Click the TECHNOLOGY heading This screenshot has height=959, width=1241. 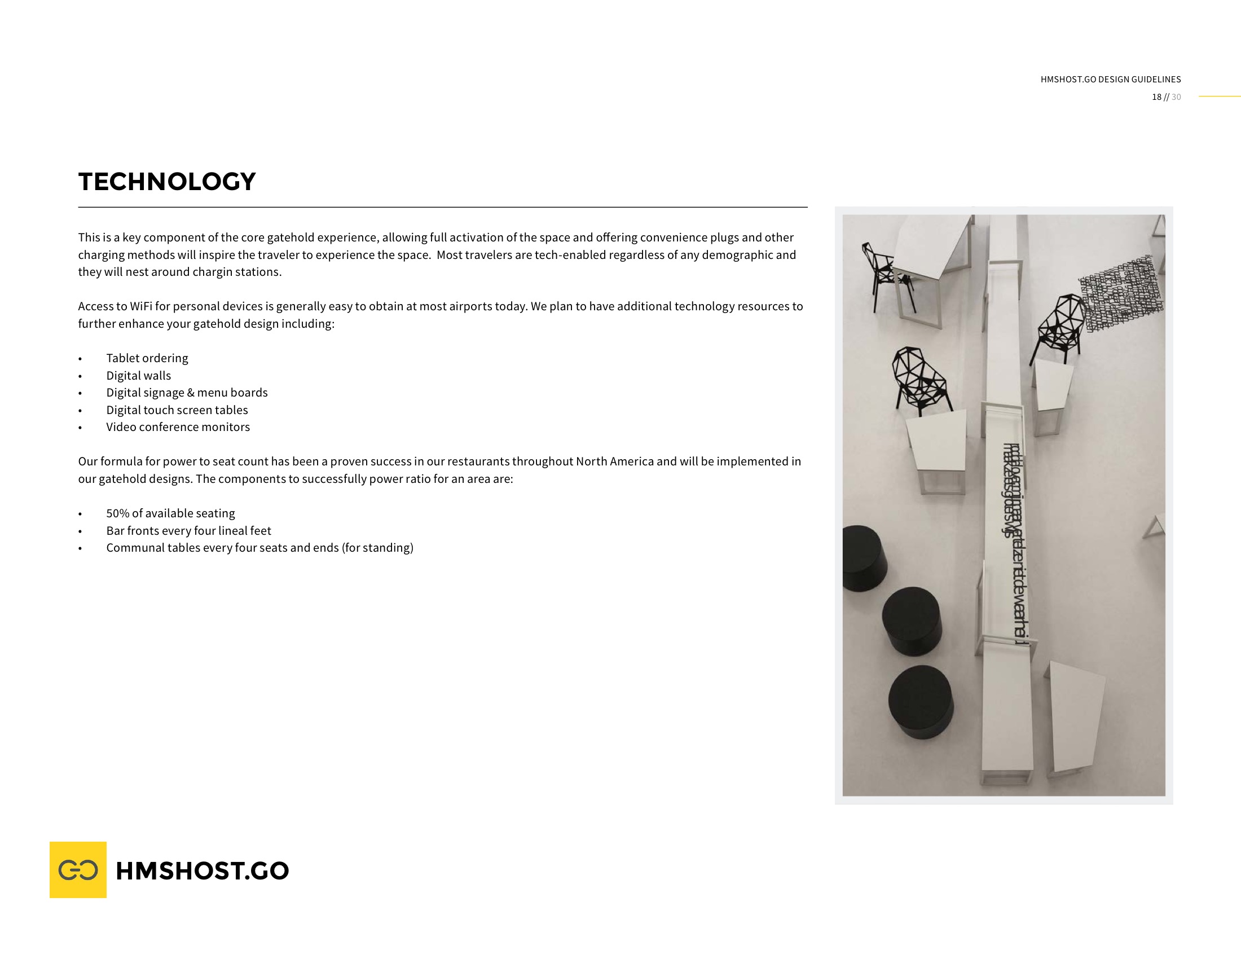click(167, 182)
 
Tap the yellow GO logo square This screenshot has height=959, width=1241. click(78, 869)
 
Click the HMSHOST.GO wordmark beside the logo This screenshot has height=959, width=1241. click(203, 870)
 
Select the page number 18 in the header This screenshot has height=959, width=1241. click(1156, 97)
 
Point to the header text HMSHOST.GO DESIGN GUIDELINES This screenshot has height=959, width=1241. click(1110, 80)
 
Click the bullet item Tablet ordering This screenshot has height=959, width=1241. click(147, 358)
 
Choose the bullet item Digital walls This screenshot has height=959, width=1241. click(138, 376)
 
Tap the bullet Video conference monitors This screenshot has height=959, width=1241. click(178, 427)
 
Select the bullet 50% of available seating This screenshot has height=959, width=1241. click(170, 513)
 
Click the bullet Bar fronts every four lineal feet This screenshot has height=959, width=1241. click(188, 531)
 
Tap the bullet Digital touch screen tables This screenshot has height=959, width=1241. click(177, 410)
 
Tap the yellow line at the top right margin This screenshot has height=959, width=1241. click(1220, 96)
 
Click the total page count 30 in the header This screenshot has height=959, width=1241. click(1176, 97)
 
